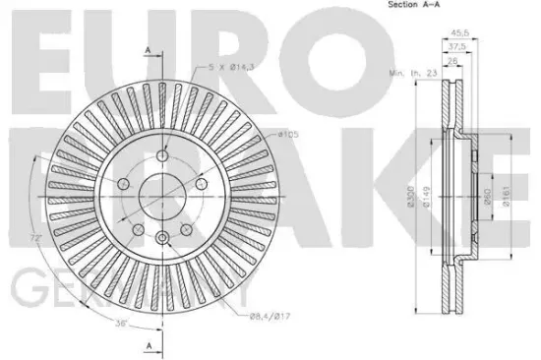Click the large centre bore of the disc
161,194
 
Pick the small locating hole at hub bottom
161,235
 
